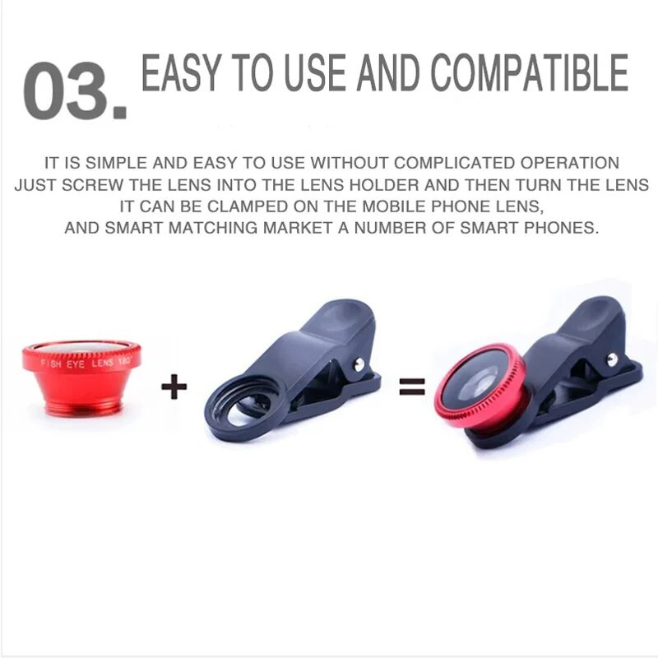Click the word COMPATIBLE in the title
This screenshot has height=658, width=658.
pyautogui.click(x=530, y=72)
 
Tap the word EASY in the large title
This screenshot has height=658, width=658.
pyautogui.click(x=181, y=72)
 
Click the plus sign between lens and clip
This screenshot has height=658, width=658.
pyautogui.click(x=174, y=387)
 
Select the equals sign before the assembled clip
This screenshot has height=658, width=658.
pyautogui.click(x=412, y=387)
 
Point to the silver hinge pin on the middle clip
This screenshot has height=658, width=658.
pyautogui.click(x=359, y=364)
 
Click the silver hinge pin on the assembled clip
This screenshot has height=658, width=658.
pyautogui.click(x=612, y=359)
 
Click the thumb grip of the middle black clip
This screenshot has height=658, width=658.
pyautogui.click(x=340, y=315)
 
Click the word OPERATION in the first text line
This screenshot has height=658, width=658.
pyautogui.click(x=570, y=163)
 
